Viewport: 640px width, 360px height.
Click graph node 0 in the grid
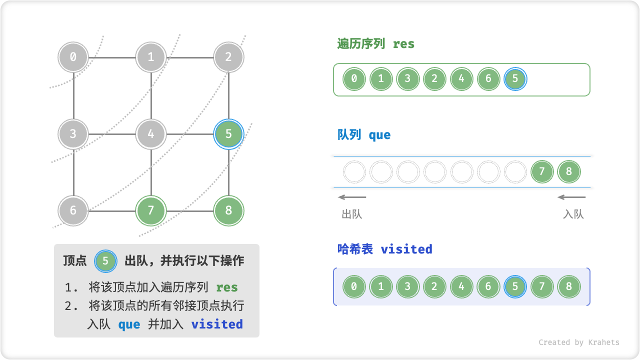pyautogui.click(x=73, y=57)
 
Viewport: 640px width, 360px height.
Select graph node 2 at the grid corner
pyautogui.click(x=228, y=57)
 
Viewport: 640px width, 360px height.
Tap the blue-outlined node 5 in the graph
pyautogui.click(x=228, y=134)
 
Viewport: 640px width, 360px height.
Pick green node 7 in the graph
pyautogui.click(x=151, y=210)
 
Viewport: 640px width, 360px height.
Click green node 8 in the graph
pyautogui.click(x=228, y=210)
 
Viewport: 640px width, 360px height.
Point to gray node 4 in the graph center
pyautogui.click(x=151, y=134)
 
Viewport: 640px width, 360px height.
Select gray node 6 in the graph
pyautogui.click(x=73, y=210)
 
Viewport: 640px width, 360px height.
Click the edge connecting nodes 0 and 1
pyautogui.click(x=112, y=57)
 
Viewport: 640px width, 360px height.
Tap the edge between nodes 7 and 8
pyautogui.click(x=190, y=210)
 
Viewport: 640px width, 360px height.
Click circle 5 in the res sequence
pyautogui.click(x=515, y=79)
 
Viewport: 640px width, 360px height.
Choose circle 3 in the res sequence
pyautogui.click(x=407, y=79)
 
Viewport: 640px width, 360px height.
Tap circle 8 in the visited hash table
pyautogui.click(x=569, y=287)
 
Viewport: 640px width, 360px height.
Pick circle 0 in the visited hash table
pyautogui.click(x=354, y=287)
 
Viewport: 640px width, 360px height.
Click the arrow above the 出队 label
pyautogui.click(x=352, y=197)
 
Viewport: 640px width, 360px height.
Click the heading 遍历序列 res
pyautogui.click(x=376, y=44)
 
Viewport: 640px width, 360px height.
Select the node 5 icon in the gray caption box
pyautogui.click(x=105, y=261)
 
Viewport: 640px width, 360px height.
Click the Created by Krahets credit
pyautogui.click(x=579, y=342)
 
